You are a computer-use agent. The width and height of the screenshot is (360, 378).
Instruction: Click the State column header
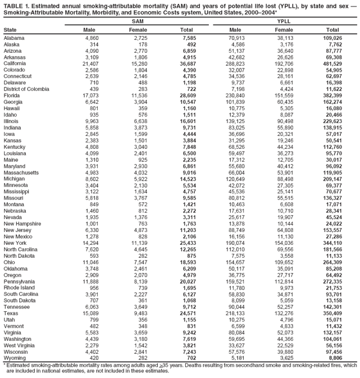coord(10,29)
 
